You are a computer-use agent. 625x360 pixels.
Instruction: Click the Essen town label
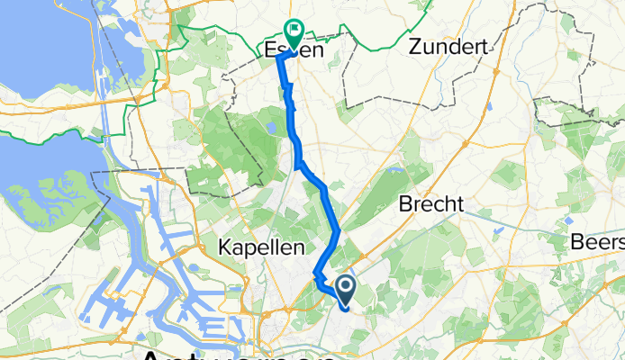294,51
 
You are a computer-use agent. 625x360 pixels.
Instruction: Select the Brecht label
434,204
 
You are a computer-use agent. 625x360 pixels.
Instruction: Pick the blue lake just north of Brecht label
394,168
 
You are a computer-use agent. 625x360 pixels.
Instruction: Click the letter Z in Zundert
415,48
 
